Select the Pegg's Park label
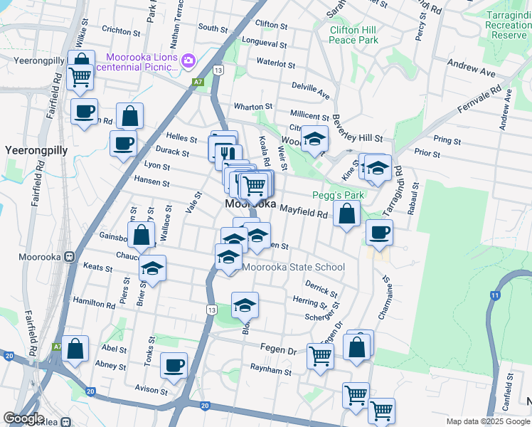coord(339,195)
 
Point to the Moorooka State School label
coord(294,268)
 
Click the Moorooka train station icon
coord(70,257)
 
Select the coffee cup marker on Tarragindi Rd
coord(379,231)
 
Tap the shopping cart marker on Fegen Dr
coord(320,354)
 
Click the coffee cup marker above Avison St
coord(174,365)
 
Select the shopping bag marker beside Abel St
coord(75,348)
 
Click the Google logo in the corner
coord(23,418)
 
